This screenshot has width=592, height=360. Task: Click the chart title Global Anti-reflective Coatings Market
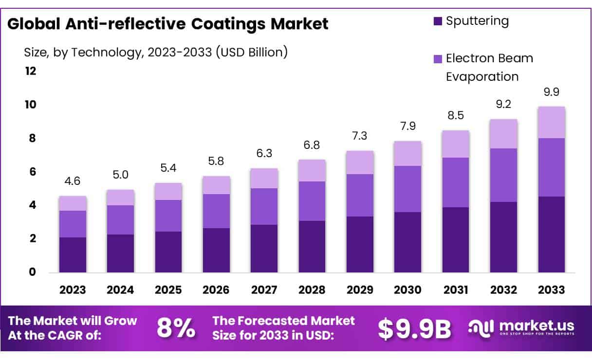point(168,24)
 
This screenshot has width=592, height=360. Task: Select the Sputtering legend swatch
point(438,21)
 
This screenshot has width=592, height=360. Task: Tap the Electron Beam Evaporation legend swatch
point(438,59)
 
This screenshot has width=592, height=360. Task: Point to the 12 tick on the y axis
point(30,72)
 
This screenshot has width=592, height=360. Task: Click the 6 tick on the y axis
point(33,172)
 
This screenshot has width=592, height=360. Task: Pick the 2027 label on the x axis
point(264,290)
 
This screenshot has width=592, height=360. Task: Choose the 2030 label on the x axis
point(408,290)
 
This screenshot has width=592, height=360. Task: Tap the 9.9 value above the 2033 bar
point(551,92)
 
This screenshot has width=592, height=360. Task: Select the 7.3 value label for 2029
point(360,137)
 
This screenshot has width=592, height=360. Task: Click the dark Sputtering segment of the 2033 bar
point(551,234)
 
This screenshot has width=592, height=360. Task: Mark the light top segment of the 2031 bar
point(456,144)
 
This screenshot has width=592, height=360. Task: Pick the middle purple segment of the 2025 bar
point(168,216)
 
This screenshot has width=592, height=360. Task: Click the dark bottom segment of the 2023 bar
point(73,255)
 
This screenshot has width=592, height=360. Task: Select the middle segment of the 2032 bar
point(503,175)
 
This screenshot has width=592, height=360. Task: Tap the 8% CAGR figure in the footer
point(176,328)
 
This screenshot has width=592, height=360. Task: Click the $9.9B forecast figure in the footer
point(414,329)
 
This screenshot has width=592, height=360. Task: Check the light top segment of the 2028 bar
point(312,170)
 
